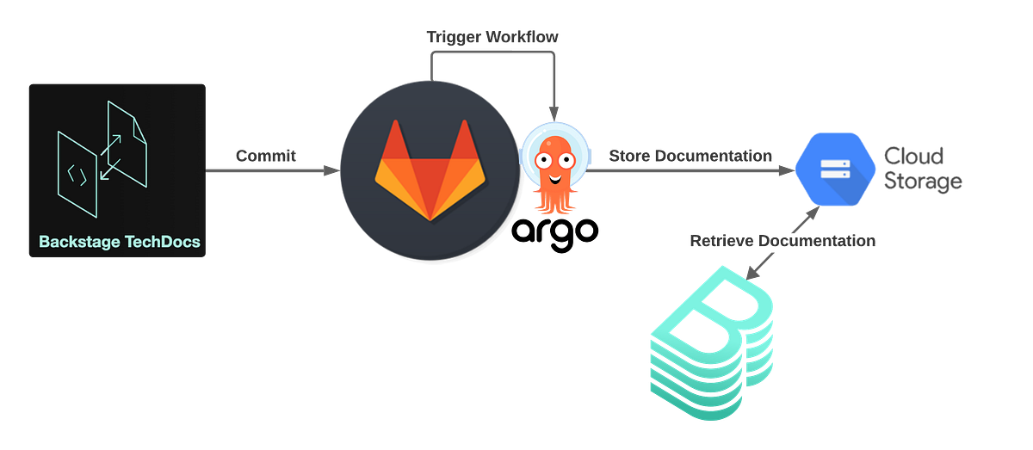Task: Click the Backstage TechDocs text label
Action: click(120, 242)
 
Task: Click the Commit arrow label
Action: click(266, 157)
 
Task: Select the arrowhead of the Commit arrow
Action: click(332, 171)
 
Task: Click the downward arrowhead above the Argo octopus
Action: click(553, 112)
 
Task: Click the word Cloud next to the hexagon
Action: click(913, 156)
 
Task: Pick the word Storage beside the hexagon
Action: click(922, 182)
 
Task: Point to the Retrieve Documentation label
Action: click(782, 241)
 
